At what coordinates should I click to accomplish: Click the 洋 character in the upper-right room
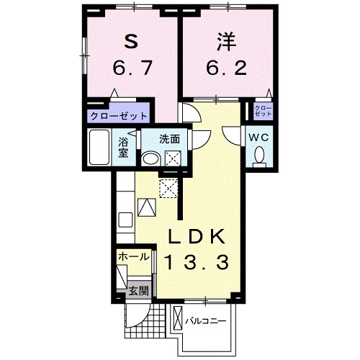(x=221, y=42)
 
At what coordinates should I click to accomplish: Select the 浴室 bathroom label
(x=123, y=145)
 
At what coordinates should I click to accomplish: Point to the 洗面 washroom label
(x=170, y=138)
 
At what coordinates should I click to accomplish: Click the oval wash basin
(x=151, y=158)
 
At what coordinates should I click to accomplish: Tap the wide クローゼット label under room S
(x=119, y=115)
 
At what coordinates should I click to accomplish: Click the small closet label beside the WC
(x=262, y=112)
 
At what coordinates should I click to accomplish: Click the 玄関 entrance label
(x=139, y=291)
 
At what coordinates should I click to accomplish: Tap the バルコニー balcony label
(x=205, y=319)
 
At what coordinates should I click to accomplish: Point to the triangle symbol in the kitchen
(x=146, y=207)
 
